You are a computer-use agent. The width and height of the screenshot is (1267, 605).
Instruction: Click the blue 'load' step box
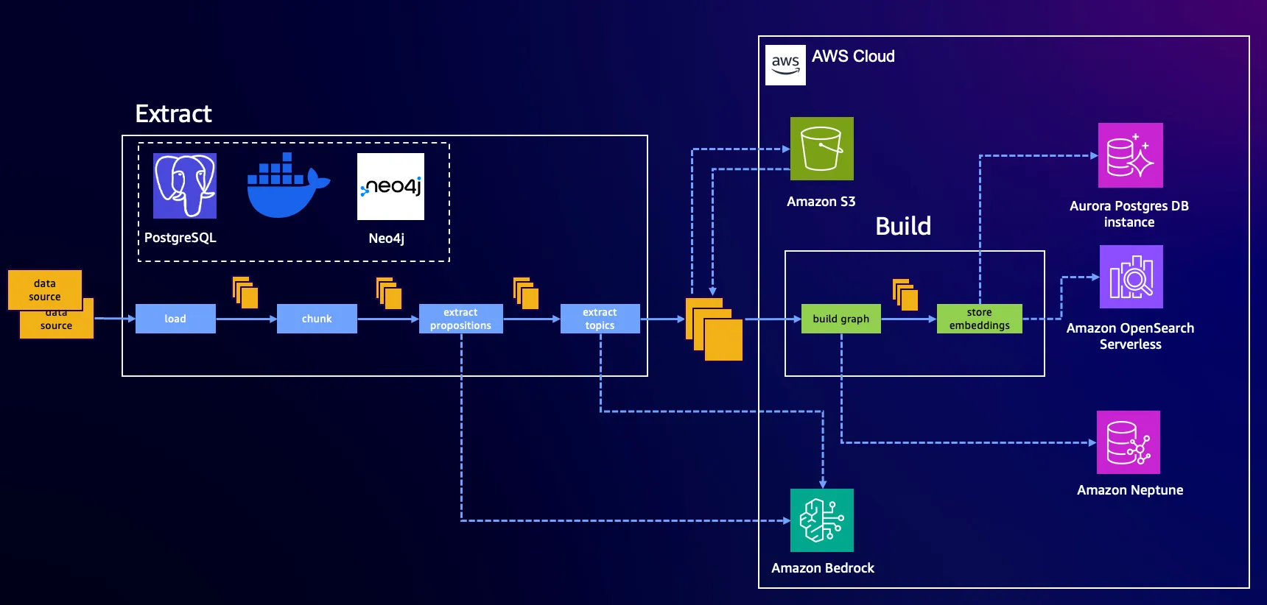[x=175, y=319]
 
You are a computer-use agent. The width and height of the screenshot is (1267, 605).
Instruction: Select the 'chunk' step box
[x=317, y=319]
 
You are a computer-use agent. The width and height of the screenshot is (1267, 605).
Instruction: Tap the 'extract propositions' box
[x=460, y=319]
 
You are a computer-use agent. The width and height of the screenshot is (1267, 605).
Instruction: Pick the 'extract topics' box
[x=600, y=319]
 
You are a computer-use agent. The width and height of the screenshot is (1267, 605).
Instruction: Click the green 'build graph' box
[x=840, y=319]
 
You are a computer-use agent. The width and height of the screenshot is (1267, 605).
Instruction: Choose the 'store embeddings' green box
[x=979, y=319]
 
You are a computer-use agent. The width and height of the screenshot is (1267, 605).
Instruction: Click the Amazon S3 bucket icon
[x=821, y=149]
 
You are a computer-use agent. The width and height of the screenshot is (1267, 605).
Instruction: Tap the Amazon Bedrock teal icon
[x=821, y=520]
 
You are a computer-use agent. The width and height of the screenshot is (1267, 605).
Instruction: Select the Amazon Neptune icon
[x=1128, y=442]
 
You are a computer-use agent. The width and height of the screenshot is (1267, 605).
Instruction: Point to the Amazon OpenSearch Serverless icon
[x=1131, y=277]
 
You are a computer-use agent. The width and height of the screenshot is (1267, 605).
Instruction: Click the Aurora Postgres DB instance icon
[x=1130, y=155]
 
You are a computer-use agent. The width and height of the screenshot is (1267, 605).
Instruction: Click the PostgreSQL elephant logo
[x=184, y=185]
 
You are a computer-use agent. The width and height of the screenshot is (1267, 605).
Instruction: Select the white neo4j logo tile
[x=390, y=186]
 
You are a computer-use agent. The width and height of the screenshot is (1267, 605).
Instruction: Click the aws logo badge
[x=785, y=65]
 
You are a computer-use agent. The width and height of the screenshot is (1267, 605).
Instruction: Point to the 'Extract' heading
[x=173, y=114]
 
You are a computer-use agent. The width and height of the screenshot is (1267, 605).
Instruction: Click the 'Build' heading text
[x=903, y=226]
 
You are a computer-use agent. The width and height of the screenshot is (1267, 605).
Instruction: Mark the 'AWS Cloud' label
[x=853, y=57]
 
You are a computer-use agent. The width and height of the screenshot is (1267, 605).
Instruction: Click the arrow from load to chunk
[x=246, y=319]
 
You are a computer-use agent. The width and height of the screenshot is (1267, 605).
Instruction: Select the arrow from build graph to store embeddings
[x=908, y=319]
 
